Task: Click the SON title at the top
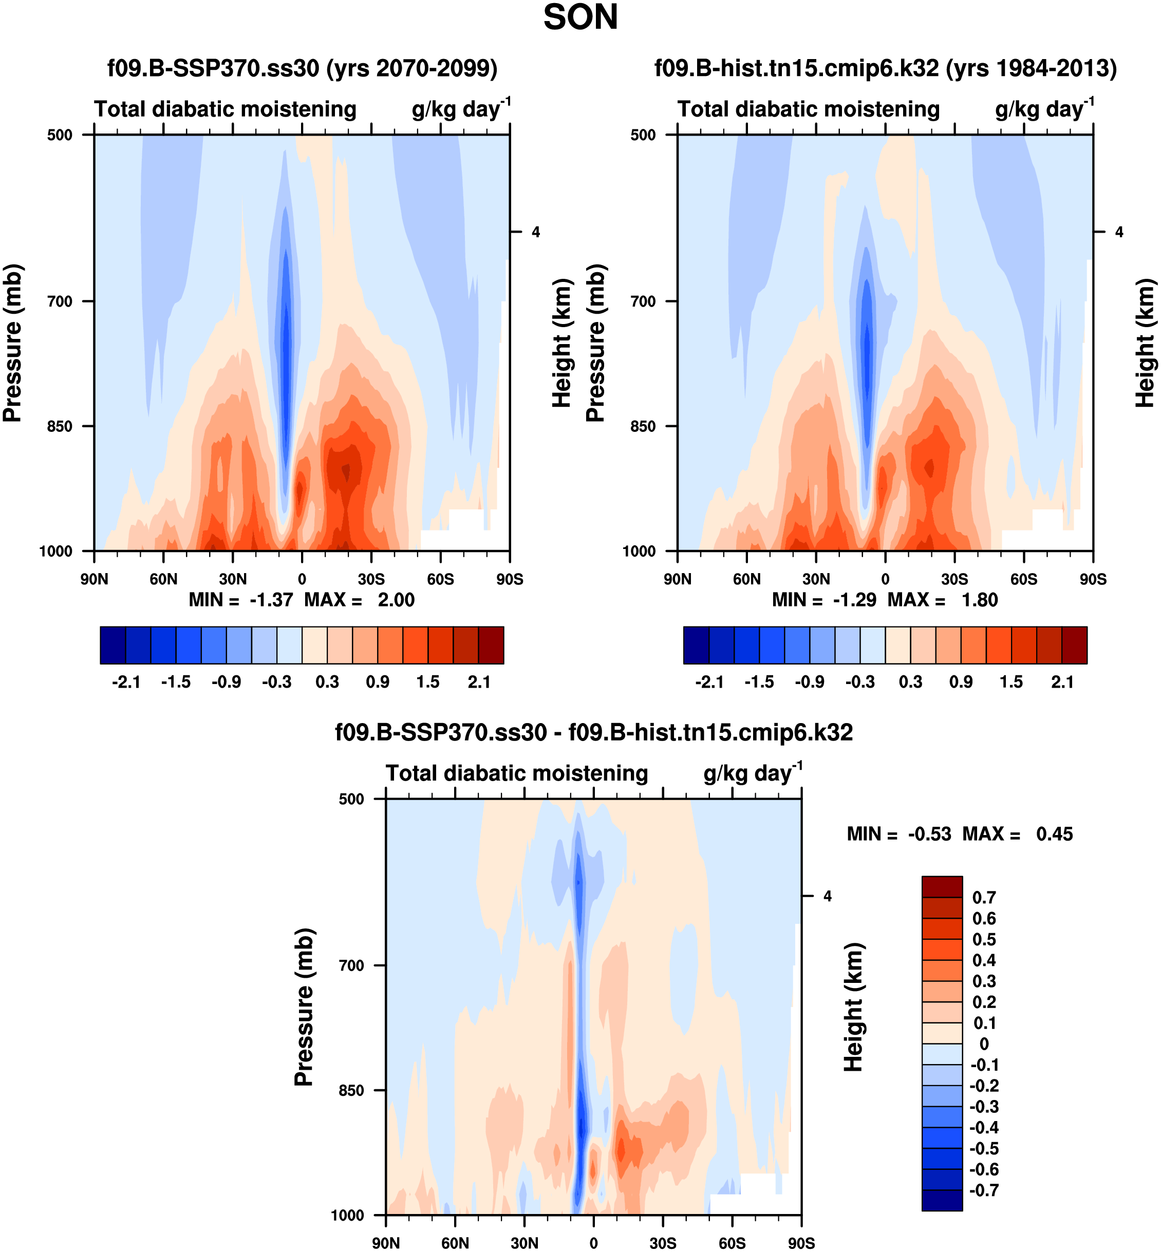[x=580, y=17]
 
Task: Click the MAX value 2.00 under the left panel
[x=396, y=600]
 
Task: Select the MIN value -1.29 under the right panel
[x=854, y=600]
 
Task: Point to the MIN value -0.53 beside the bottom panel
[x=929, y=834]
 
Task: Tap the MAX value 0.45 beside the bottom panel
[x=1054, y=834]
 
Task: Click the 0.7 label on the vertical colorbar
[x=984, y=898]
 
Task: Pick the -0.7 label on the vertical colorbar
[x=984, y=1190]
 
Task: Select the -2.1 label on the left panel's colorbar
[x=126, y=682]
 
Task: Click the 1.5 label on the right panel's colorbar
[x=1011, y=682]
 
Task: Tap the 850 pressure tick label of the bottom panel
[x=351, y=1091]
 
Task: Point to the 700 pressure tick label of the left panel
[x=60, y=301]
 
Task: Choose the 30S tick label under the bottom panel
[x=663, y=1243]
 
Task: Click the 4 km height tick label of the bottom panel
[x=828, y=897]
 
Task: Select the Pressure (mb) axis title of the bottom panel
[x=304, y=1007]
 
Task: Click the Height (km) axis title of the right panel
[x=1145, y=343]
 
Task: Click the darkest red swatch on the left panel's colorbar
[x=491, y=645]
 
